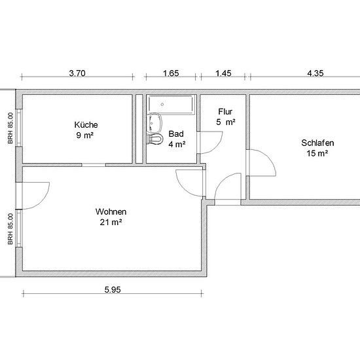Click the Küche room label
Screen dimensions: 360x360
(x=86, y=125)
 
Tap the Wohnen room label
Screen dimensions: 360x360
(x=111, y=211)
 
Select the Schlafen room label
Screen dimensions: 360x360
(x=317, y=143)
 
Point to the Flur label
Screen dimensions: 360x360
(x=225, y=112)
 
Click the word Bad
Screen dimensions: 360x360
(x=176, y=134)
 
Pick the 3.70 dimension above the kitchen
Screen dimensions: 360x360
(x=77, y=73)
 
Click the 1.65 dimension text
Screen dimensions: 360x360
(x=171, y=73)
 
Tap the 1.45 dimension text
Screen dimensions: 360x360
(x=223, y=73)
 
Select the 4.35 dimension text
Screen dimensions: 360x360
(x=315, y=73)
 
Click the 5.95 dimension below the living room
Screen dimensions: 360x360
(x=113, y=290)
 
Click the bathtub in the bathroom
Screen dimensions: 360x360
(x=171, y=104)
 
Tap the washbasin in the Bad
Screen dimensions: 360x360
(x=154, y=122)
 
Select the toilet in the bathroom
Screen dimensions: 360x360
(x=155, y=139)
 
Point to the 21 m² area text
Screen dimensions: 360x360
(x=111, y=223)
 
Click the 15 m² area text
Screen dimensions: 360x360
(x=317, y=153)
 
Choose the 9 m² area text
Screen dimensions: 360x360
(x=85, y=135)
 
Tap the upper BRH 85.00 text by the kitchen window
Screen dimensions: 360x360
(x=10, y=128)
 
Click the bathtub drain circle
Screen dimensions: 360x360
(x=162, y=105)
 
